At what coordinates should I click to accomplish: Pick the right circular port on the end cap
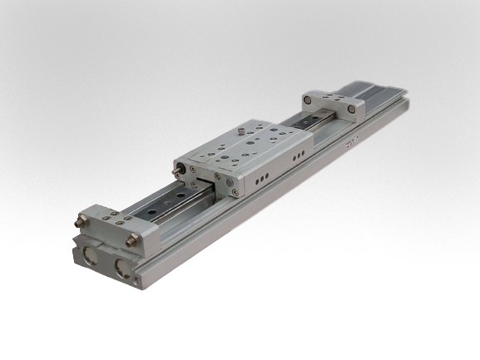coord(123,269)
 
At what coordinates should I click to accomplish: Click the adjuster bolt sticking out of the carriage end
coord(177,170)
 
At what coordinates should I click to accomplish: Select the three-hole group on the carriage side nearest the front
coord(261,178)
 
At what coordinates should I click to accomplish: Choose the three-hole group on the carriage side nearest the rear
coord(295,159)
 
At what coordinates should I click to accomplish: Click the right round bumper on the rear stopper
coord(352,108)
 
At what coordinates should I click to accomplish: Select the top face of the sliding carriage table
coord(245,145)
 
